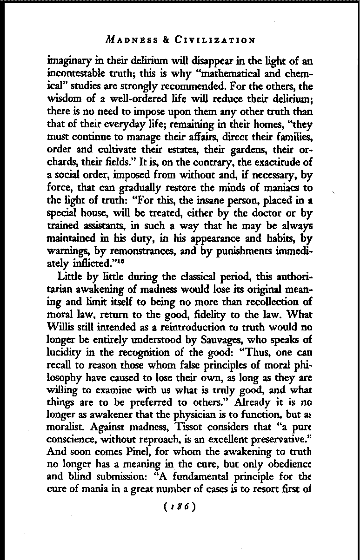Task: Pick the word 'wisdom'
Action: (63, 98)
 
